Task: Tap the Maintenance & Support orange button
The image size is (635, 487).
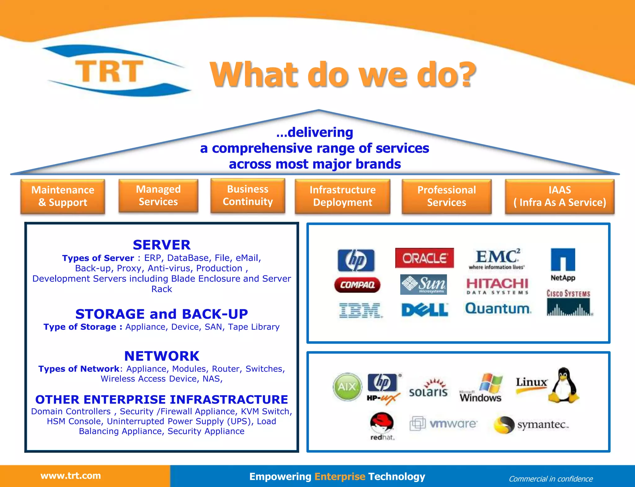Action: click(63, 196)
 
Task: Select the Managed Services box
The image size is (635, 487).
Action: click(158, 196)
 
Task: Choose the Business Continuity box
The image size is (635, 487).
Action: click(248, 195)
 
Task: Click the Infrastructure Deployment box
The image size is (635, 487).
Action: click(342, 196)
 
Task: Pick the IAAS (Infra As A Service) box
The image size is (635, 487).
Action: click(559, 196)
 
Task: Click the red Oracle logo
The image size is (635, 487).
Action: click(424, 258)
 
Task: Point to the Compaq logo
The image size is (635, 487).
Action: click(357, 285)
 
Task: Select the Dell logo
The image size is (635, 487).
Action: click(424, 310)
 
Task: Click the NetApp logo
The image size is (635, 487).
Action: click(563, 264)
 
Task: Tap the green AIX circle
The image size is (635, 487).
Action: click(347, 387)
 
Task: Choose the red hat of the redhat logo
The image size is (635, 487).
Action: click(382, 422)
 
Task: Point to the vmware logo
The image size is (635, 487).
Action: click(444, 424)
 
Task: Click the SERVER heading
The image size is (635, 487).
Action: click(162, 245)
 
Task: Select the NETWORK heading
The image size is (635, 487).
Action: click(162, 356)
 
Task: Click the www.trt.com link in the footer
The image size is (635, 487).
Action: click(71, 476)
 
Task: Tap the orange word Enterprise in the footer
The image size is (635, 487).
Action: click(340, 476)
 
